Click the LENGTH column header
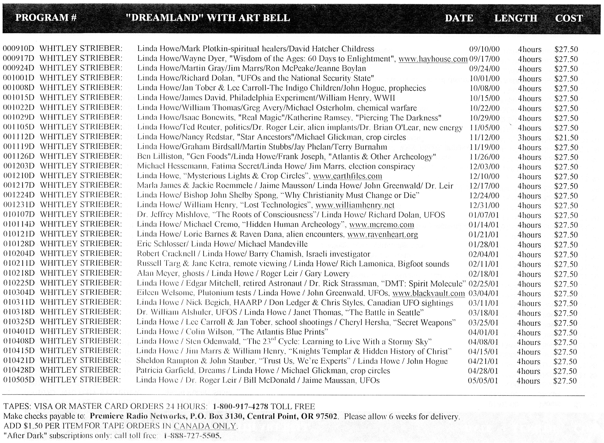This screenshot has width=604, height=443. click(515, 18)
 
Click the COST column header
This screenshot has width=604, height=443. click(569, 18)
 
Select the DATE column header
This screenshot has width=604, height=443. click(459, 18)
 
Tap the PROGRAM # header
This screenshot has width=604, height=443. click(46, 18)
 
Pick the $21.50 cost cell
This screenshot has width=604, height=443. click(566, 138)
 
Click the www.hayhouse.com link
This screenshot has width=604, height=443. click(433, 59)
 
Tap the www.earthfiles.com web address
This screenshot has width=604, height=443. click(347, 176)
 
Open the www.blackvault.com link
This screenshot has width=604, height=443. click(428, 293)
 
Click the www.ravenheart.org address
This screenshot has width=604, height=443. click(382, 235)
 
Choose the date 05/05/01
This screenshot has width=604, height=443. click(483, 381)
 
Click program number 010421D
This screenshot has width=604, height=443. click(19, 360)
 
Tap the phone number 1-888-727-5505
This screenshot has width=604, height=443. click(192, 435)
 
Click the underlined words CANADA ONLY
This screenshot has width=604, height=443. click(205, 426)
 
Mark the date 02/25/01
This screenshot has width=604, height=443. click(483, 284)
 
